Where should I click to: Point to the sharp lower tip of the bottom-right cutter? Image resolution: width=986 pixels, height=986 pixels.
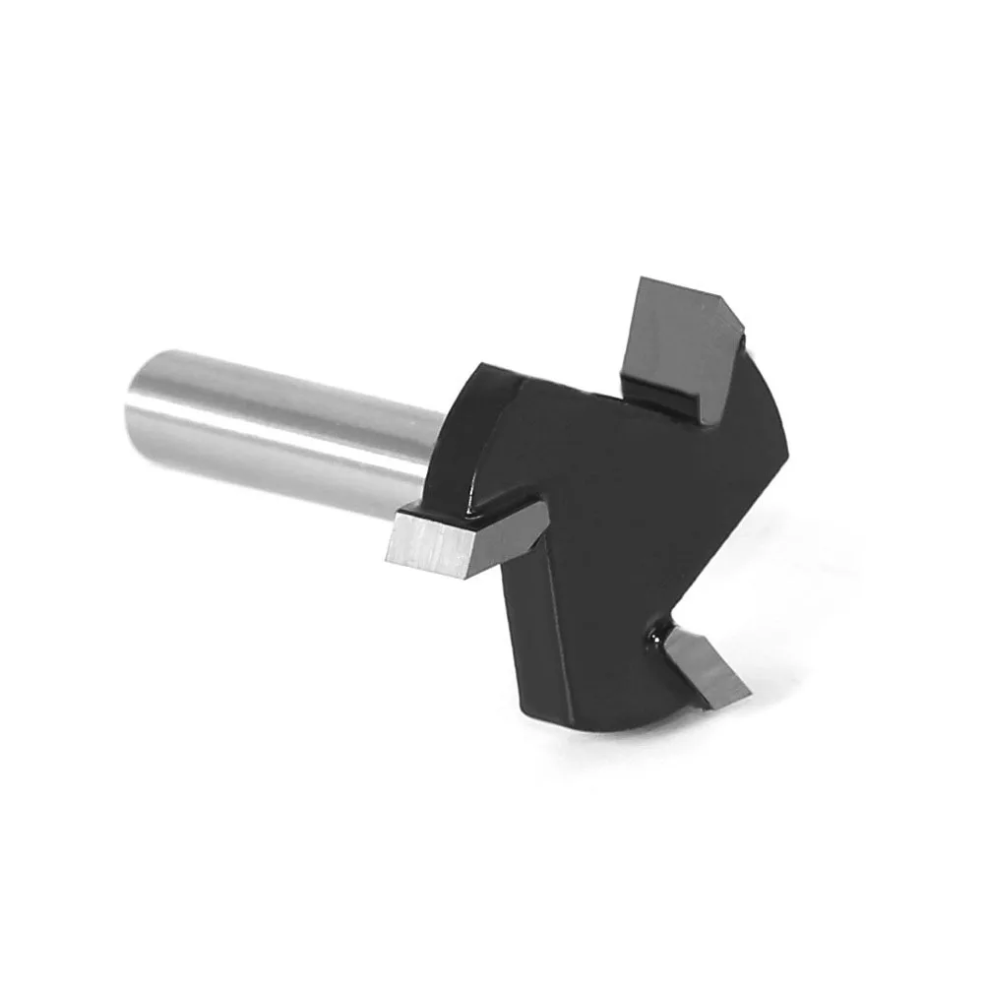pyautogui.click(x=707, y=707)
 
